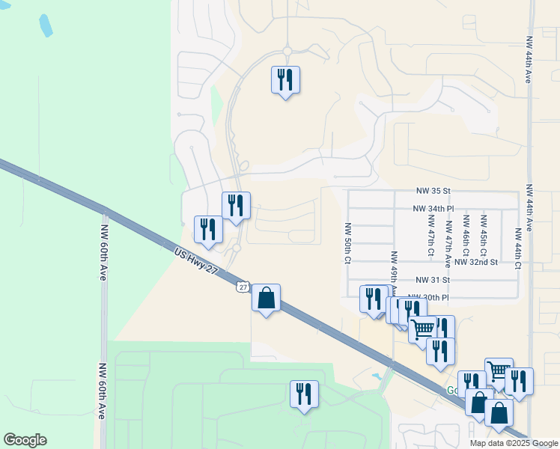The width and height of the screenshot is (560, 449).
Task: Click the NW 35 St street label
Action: [x=433, y=192]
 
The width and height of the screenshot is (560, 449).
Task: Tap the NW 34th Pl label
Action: [x=433, y=209]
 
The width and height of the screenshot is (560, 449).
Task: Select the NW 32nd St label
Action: [x=475, y=263]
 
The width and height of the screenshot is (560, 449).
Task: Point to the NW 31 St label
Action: [x=433, y=280]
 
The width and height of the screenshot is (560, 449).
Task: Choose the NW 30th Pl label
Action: [x=428, y=298]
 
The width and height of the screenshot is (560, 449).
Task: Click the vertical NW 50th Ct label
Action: [x=348, y=242]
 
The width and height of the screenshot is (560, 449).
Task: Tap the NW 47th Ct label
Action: [x=430, y=235]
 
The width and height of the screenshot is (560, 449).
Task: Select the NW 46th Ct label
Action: [x=466, y=234]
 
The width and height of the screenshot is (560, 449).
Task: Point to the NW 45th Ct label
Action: [x=484, y=234]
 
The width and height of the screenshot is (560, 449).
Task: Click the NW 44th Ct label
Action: [x=517, y=242]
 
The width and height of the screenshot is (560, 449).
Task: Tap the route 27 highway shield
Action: [x=242, y=287]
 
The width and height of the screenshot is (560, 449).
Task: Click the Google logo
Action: [x=25, y=440]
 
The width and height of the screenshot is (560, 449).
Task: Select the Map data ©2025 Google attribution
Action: [x=513, y=443]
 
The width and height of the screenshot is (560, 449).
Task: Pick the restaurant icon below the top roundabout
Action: [x=285, y=79]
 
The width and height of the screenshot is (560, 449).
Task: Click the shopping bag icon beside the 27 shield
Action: [x=266, y=298]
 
